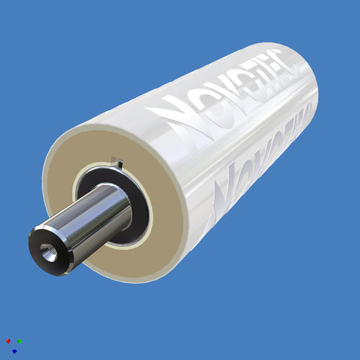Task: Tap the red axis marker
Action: point(7,341)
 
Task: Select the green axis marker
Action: point(19,341)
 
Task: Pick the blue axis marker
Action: point(14,351)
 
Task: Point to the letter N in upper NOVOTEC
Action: point(167,116)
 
